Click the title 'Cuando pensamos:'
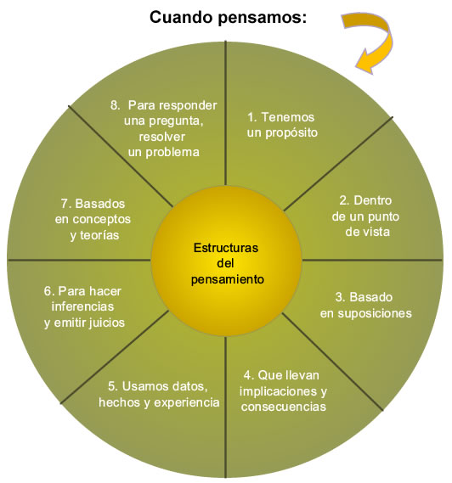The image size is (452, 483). click(229, 18)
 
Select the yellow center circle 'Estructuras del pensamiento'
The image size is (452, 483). click(226, 261)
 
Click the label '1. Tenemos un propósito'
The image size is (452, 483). click(282, 125)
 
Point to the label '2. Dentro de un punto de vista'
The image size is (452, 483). click(365, 216)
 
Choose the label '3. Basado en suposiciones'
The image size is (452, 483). click(365, 306)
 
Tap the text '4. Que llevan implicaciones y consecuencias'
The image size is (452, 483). click(283, 390)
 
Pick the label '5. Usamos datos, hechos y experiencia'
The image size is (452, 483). click(159, 394)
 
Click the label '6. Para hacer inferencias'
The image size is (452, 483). click(82, 299)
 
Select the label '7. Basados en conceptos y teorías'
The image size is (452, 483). click(93, 219)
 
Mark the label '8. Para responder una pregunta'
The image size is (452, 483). click(164, 113)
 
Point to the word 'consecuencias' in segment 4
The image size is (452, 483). click(284, 407)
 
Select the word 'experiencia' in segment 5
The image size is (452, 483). click(187, 402)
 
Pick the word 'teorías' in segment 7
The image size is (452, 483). click(99, 235)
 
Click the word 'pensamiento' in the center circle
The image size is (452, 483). click(228, 279)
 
